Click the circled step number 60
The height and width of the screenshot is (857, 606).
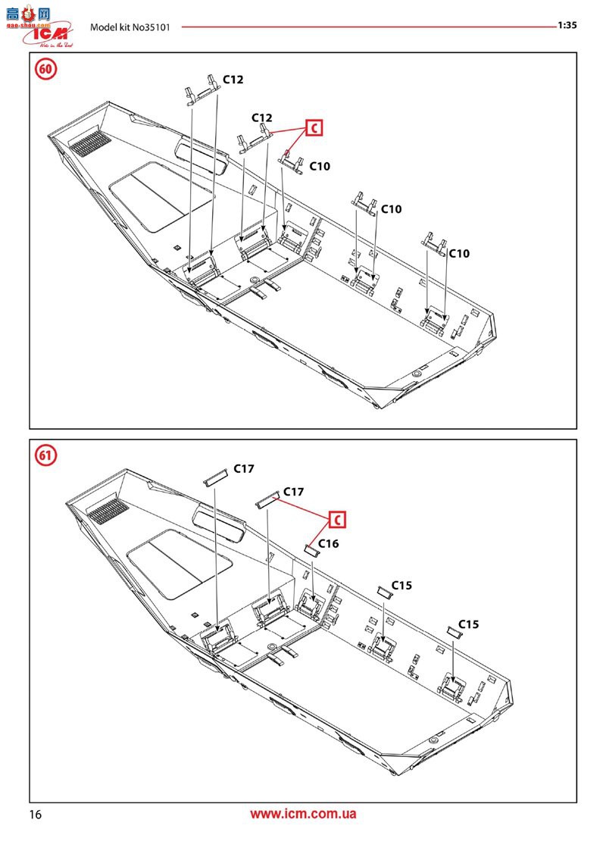tap(46, 69)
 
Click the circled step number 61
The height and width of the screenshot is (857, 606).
tap(46, 456)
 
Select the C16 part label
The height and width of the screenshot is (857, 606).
tap(329, 543)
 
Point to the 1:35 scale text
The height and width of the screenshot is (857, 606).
tap(567, 25)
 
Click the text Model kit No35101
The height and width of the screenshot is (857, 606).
tap(130, 27)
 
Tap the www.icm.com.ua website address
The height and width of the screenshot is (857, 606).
tap(303, 815)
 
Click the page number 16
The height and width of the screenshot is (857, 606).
tap(35, 815)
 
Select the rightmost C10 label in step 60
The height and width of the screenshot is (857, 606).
tap(459, 254)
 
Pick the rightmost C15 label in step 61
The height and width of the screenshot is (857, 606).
tap(468, 624)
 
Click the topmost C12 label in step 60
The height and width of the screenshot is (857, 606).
tap(233, 80)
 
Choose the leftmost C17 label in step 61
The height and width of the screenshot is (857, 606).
tap(243, 469)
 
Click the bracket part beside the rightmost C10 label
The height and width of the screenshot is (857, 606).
tap(434, 242)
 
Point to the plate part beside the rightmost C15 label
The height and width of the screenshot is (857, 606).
tap(453, 630)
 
